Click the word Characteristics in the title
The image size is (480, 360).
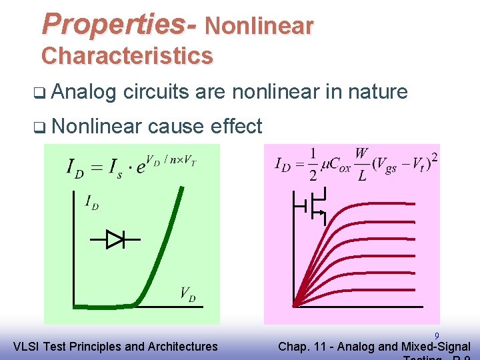(127, 55)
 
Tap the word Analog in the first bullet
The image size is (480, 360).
(83, 91)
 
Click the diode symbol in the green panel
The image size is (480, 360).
(115, 238)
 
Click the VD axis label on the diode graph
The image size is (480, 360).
(187, 293)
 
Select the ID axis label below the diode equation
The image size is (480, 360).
(91, 201)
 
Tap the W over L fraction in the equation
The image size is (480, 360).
(361, 166)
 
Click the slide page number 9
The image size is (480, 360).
(437, 336)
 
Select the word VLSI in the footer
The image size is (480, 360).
(27, 346)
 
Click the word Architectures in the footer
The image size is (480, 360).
(183, 346)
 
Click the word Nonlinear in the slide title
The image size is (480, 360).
(259, 26)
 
